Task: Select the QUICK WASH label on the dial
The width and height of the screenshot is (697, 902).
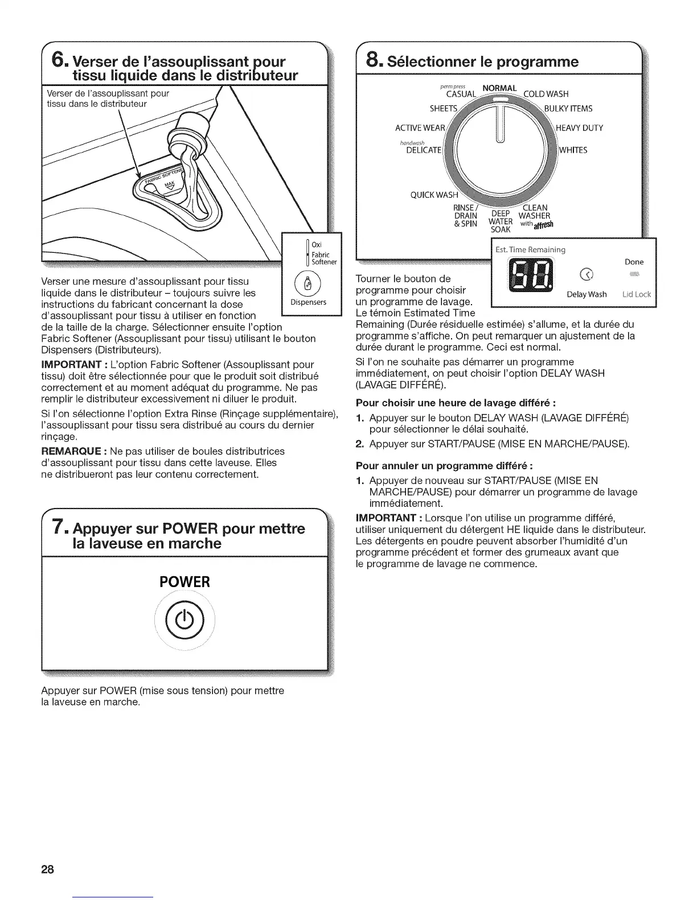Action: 434,195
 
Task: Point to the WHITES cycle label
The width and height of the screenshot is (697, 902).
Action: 573,150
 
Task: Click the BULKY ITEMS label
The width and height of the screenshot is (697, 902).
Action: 568,109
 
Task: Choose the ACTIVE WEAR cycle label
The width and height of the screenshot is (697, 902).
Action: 420,128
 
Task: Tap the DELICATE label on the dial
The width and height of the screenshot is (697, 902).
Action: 424,150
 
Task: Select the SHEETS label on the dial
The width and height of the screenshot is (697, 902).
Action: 444,109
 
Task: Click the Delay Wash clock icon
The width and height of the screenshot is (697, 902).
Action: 583,276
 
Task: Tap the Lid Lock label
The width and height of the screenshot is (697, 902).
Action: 636,294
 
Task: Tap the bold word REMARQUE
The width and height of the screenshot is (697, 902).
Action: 73,451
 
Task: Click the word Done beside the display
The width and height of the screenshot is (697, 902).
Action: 634,262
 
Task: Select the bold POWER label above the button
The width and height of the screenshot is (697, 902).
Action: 185,582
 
